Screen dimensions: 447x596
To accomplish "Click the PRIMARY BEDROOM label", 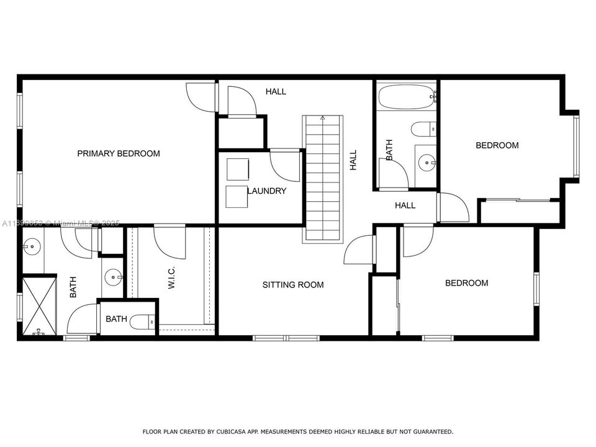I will tap(118, 153).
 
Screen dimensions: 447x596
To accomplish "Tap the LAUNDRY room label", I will tap(267, 191).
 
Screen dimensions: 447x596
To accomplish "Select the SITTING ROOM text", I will tap(292, 285).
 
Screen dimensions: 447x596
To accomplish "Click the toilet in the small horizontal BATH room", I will tap(142, 321).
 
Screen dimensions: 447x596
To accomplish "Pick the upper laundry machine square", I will tap(237, 168).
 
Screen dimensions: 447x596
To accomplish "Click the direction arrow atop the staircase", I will tap(322, 117).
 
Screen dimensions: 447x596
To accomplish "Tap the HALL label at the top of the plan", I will tap(276, 92).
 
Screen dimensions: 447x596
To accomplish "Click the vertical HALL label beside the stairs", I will tap(353, 160).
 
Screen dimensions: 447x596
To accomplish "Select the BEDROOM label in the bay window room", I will tap(497, 145).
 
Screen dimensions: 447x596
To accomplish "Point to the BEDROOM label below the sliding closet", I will tap(466, 283).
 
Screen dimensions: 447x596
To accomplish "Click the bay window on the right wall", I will tap(576, 147).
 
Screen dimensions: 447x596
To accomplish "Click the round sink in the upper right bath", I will tap(426, 163).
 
